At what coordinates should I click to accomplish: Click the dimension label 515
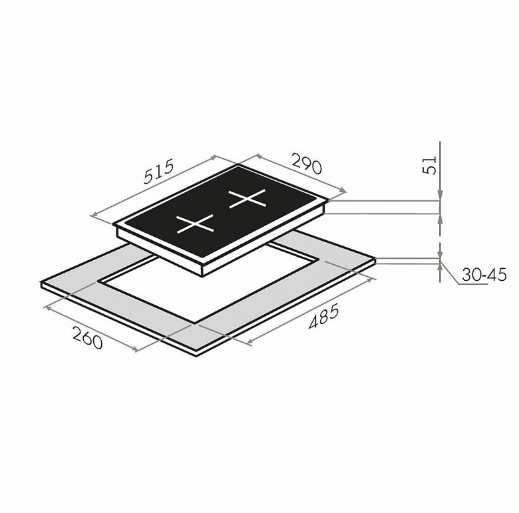(x=158, y=172)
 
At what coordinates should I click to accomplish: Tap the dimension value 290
(x=307, y=163)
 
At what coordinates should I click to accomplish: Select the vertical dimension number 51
(x=430, y=164)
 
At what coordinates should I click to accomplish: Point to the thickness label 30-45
(x=484, y=274)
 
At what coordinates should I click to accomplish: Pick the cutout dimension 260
(x=87, y=337)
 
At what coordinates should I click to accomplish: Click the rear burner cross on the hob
(x=248, y=198)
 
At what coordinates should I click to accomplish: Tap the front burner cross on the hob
(x=195, y=224)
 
